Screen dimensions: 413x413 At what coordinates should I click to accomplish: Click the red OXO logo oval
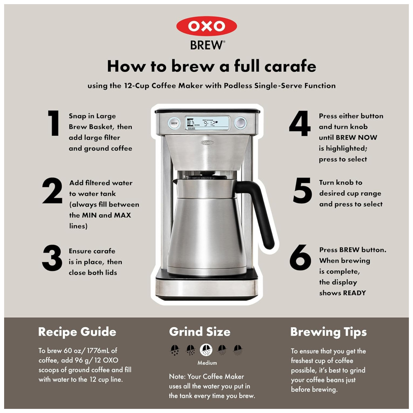pos(206,26)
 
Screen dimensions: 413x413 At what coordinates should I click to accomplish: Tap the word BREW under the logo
pos(207,45)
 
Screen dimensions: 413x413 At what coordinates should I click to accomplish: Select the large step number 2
pos(52,190)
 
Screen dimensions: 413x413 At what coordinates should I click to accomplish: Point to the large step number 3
pos(52,258)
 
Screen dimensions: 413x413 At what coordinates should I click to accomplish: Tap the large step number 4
pos(300,123)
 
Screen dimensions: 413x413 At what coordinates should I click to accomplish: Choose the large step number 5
pos(302,190)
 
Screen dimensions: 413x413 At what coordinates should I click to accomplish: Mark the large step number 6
pos(300,257)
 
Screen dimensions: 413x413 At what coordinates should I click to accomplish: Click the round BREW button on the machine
pos(174,123)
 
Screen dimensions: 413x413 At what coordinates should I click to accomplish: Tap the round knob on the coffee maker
pos(240,123)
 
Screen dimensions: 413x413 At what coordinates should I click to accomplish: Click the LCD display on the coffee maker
pos(207,123)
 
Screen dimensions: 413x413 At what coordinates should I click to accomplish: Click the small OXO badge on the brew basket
pos(207,143)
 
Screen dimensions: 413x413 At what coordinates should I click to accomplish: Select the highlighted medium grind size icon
pos(206,350)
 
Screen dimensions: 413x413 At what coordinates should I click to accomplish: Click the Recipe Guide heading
pos(77,332)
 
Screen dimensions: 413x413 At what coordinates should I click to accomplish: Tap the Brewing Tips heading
pos(328,332)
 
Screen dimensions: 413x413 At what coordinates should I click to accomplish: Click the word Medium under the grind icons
pos(207,363)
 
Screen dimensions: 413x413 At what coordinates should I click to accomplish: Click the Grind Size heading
pos(199,332)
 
